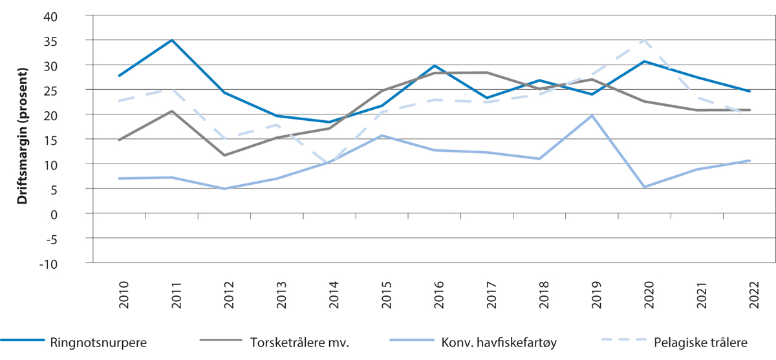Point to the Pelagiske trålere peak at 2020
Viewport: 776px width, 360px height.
pyautogui.click(x=644, y=40)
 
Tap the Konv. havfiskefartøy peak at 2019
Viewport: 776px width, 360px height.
pyautogui.click(x=592, y=116)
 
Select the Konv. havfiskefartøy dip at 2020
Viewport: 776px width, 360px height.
pyautogui.click(x=644, y=187)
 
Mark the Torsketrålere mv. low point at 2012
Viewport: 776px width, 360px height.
pyautogui.click(x=224, y=155)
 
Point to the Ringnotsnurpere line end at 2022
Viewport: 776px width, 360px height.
pyautogui.click(x=749, y=91)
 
